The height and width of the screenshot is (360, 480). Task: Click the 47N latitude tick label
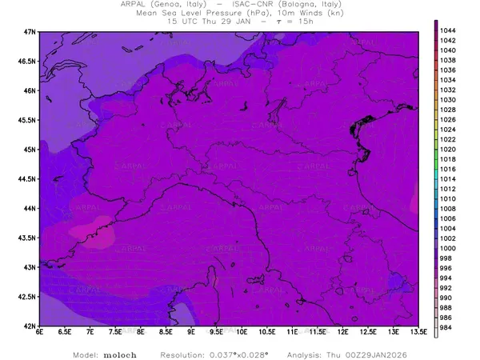pos(30,31)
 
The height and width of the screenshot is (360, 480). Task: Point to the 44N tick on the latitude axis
pos(30,208)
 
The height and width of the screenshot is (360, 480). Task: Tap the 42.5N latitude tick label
pos(27,297)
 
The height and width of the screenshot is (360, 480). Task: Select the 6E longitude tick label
pos(39,331)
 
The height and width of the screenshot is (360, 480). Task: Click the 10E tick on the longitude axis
pos(242,331)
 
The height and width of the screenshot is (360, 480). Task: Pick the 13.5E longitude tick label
pos(417,331)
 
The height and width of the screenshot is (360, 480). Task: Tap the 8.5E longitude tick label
pos(166,331)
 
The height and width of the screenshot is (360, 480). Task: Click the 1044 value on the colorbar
pos(449,30)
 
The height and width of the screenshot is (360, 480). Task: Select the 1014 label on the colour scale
pos(449,178)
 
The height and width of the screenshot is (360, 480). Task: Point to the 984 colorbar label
pos(447,328)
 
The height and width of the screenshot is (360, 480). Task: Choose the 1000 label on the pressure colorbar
pos(449,248)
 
